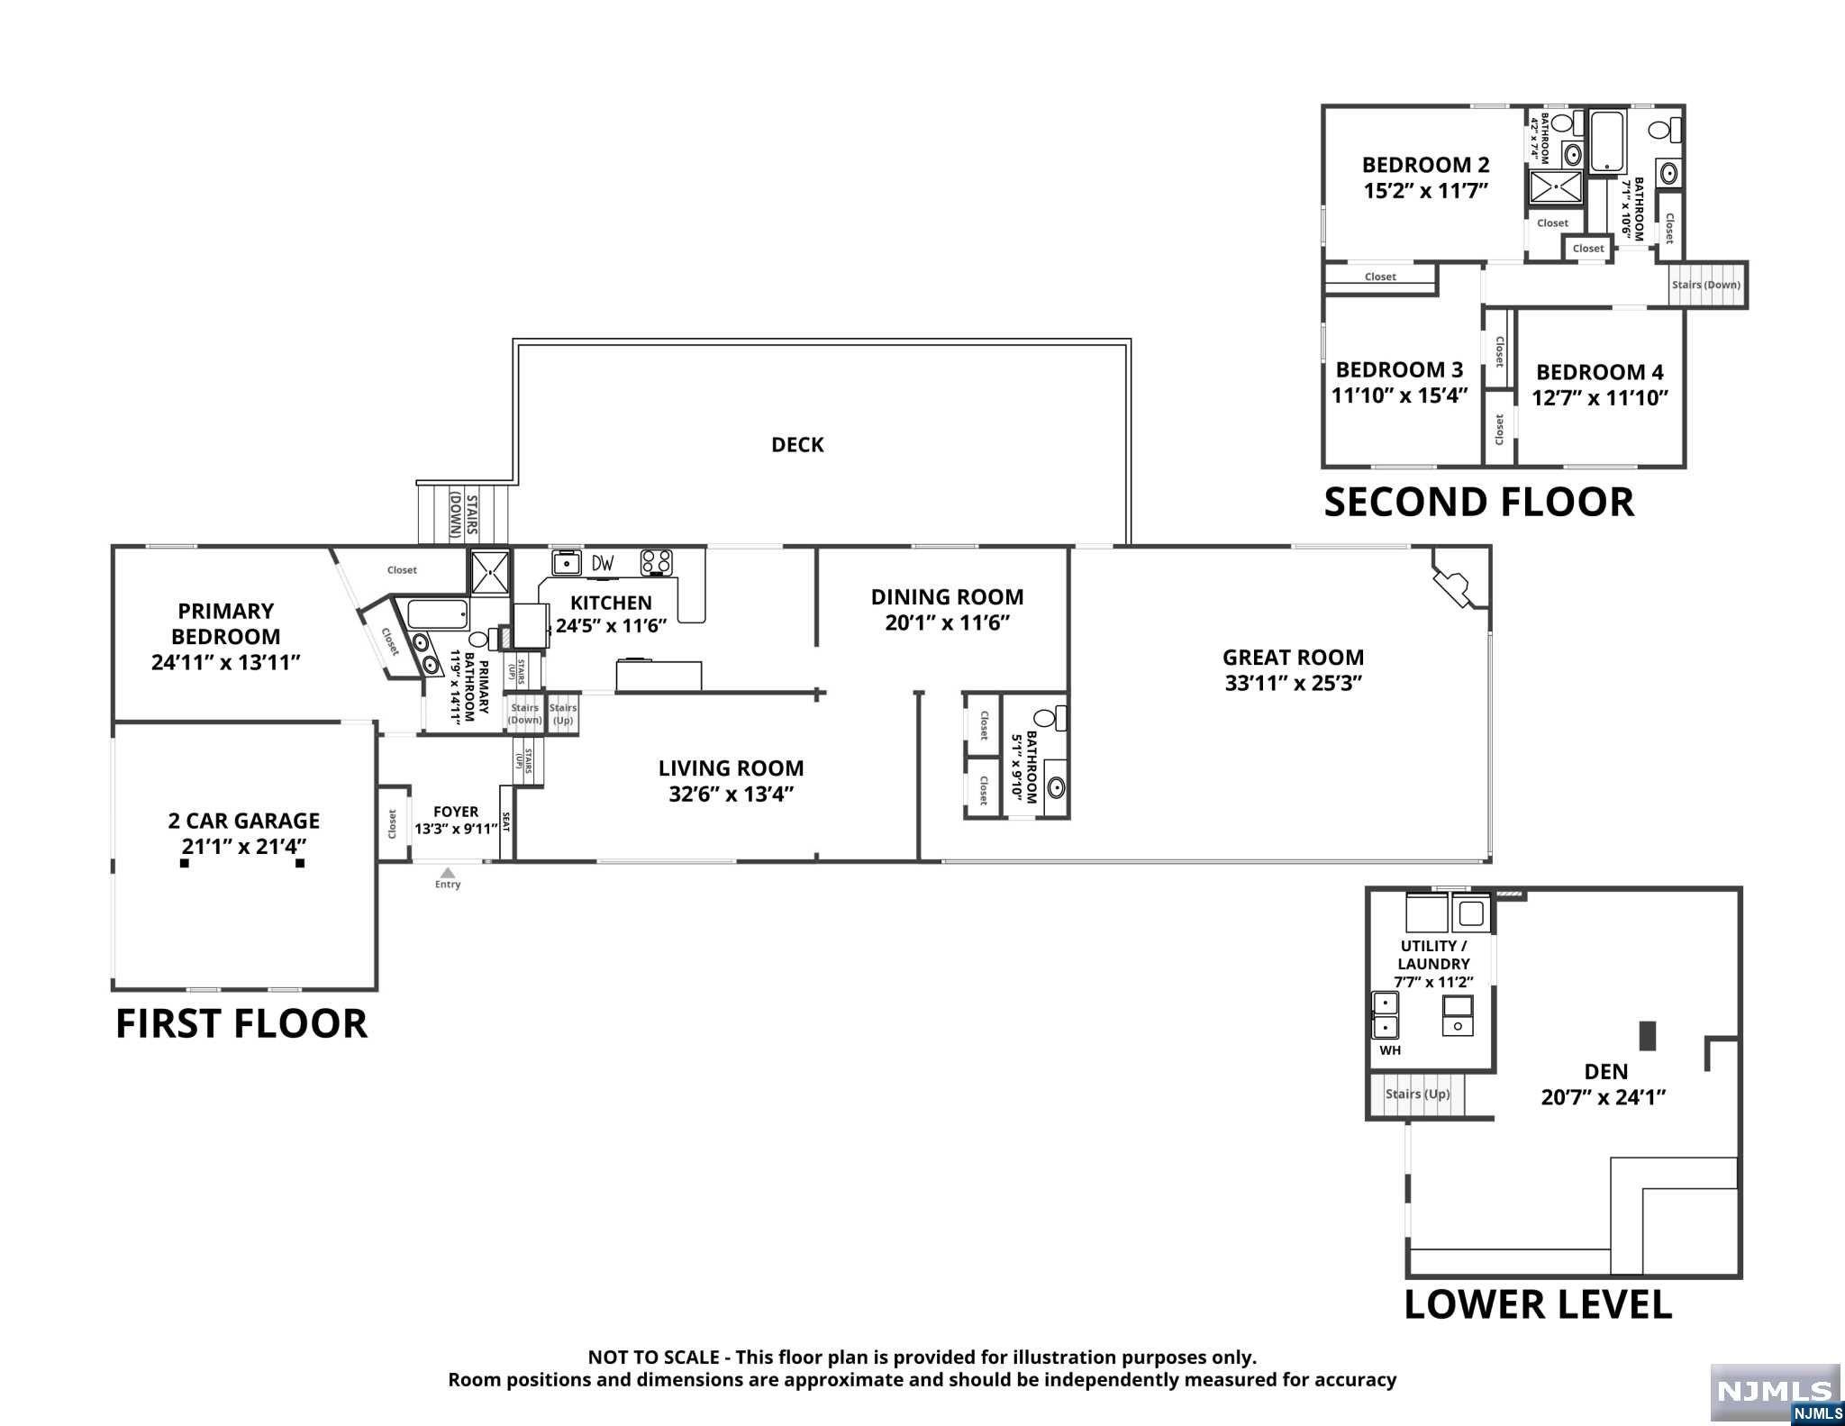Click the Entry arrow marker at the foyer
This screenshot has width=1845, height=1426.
(448, 872)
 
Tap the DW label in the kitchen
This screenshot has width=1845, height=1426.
(603, 564)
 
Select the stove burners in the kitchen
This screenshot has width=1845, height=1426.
(656, 563)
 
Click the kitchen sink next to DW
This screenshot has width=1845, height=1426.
(568, 562)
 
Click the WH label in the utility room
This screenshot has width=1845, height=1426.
(1390, 1050)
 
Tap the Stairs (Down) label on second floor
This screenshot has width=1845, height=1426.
(1706, 285)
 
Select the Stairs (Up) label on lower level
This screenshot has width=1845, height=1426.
(1417, 1094)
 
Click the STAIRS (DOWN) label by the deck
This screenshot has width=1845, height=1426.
(464, 514)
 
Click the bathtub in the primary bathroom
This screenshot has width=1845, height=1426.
(438, 615)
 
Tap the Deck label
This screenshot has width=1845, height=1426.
(797, 445)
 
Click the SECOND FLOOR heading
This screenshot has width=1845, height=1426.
(1478, 502)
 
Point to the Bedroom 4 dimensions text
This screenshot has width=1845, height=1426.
(1601, 398)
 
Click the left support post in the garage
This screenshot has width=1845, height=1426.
(185, 863)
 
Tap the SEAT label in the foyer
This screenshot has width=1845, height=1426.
(505, 822)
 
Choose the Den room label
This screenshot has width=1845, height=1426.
(1606, 1072)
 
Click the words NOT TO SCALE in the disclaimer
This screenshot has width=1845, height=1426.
(653, 1358)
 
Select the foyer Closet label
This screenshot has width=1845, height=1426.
(392, 823)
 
